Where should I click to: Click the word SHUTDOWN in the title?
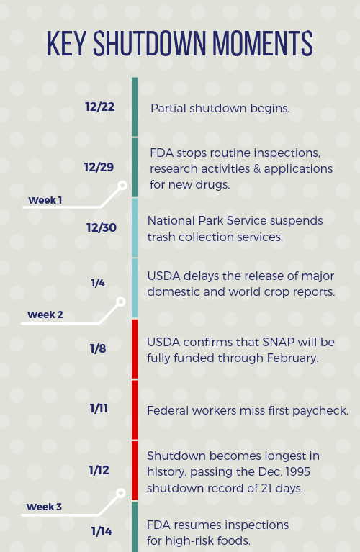click(149, 43)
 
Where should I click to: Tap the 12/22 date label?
click(99, 107)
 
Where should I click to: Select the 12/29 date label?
click(99, 167)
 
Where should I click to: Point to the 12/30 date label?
click(102, 227)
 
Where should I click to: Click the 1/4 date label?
click(98, 283)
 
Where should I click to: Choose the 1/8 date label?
click(98, 348)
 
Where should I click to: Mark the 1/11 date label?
click(99, 408)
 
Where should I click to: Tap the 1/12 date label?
click(99, 470)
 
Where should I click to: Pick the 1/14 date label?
click(102, 531)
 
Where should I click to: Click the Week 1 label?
click(45, 200)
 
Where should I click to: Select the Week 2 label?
click(45, 315)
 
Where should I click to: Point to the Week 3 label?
click(44, 507)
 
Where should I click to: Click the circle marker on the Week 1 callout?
click(122, 185)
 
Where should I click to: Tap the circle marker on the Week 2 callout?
click(121, 302)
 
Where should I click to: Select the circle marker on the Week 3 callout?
click(121, 493)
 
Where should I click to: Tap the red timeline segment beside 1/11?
click(135, 410)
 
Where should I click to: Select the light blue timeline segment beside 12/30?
click(135, 227)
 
